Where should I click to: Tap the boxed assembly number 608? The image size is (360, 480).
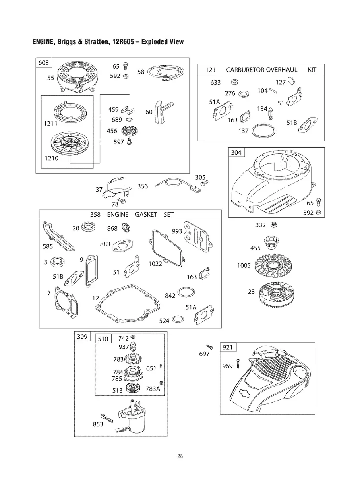click(44, 63)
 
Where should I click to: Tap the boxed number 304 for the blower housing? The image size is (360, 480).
click(236, 153)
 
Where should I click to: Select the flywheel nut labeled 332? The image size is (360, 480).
click(273, 225)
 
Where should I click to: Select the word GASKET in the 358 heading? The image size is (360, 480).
click(146, 215)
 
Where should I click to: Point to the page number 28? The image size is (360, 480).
click(180, 456)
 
